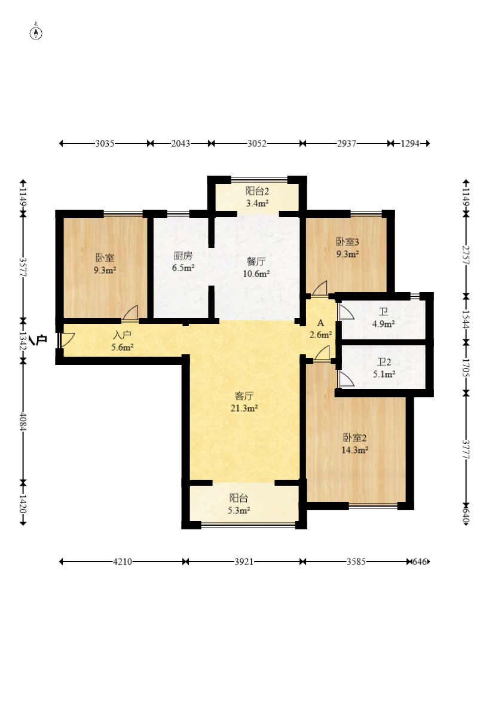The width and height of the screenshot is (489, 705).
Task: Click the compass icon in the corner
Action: [x=36, y=33]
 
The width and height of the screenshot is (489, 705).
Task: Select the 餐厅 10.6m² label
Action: [x=256, y=268]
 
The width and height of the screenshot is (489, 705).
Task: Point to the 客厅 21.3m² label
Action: [x=244, y=402]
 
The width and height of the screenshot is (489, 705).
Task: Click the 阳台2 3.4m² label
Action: [x=257, y=197]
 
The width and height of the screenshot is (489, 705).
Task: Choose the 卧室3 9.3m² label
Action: [x=348, y=248]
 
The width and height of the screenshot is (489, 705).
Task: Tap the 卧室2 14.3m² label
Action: [x=355, y=444]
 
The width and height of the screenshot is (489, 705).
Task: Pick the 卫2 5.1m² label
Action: [x=384, y=368]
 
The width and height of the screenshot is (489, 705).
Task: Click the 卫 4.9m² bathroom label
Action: [x=384, y=318]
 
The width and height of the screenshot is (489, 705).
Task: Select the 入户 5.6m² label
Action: [x=123, y=341]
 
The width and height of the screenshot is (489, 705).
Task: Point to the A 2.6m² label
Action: [x=321, y=329]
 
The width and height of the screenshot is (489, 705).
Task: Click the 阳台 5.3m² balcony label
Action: [x=239, y=504]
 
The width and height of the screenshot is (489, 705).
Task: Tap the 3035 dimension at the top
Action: [x=105, y=143]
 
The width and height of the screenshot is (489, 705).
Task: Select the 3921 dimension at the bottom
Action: [x=244, y=562]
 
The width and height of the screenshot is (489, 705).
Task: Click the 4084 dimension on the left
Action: [x=23, y=422]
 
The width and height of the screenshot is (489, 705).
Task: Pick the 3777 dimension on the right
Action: [x=466, y=449]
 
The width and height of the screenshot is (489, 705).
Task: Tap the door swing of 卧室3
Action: [x=320, y=289]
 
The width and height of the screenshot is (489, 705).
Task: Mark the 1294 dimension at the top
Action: [x=410, y=143]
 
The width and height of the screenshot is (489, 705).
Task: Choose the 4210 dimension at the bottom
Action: [x=123, y=562]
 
